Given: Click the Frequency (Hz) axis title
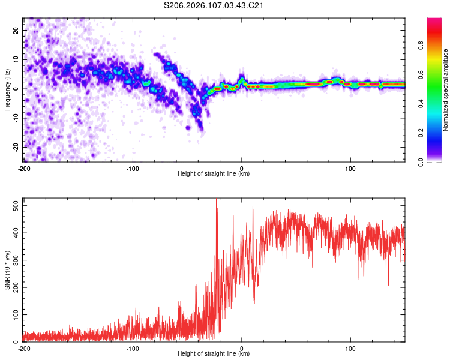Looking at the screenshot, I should click(x=7, y=90).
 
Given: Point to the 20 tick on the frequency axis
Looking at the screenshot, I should click(x=16, y=30).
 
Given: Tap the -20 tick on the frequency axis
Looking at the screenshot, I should click(x=15, y=147).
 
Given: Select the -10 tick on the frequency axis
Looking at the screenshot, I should click(x=15, y=118).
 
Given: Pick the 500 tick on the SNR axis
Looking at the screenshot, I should click(x=15, y=206).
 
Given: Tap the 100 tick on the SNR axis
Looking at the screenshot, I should click(x=15, y=314).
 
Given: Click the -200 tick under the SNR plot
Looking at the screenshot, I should click(x=24, y=349).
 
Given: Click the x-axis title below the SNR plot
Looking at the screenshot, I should click(x=214, y=355).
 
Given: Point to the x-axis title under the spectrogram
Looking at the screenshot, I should click(x=214, y=174).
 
